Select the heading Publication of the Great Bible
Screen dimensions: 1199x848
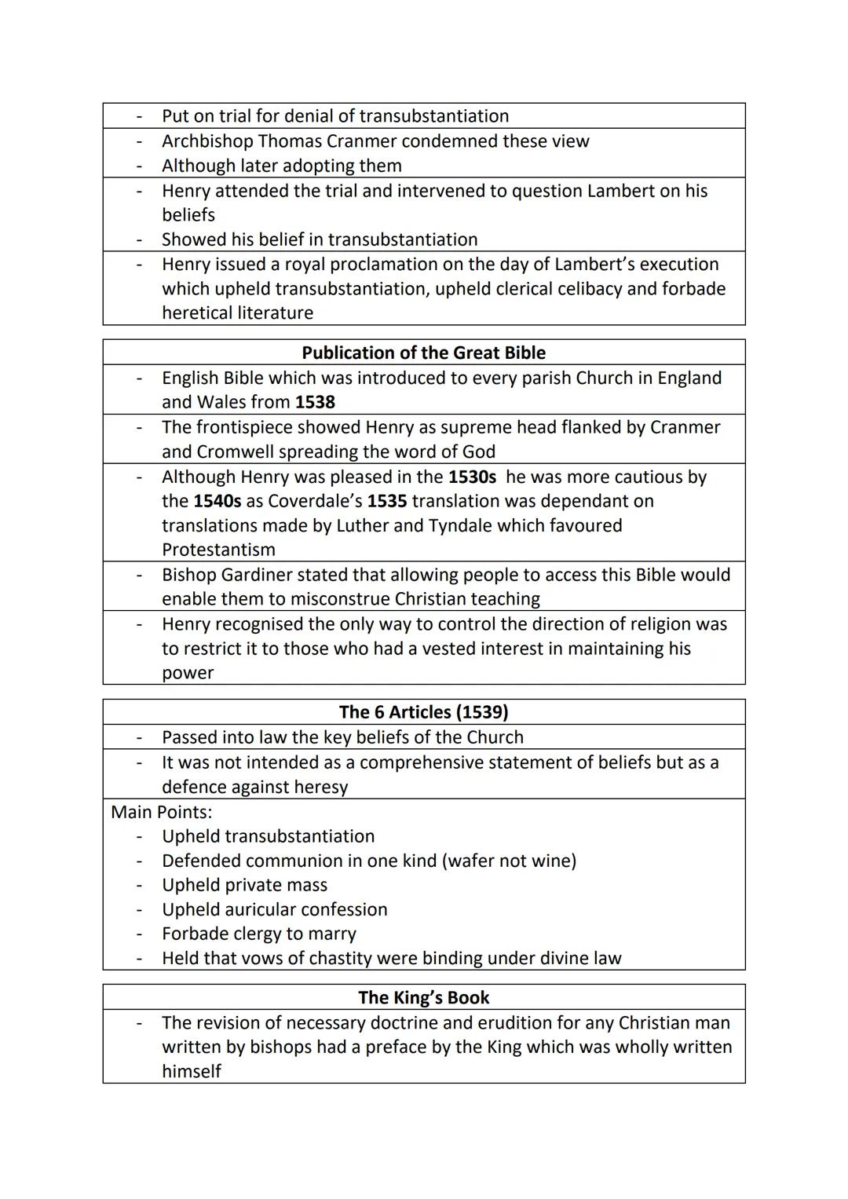coord(423,353)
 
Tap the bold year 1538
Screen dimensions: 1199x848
coord(315,402)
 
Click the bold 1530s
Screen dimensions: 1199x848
coord(472,477)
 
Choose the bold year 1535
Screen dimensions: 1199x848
coord(386,501)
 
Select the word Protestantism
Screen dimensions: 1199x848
coord(218,550)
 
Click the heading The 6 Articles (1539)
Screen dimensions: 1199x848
coord(423,712)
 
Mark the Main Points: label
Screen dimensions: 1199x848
coord(162,812)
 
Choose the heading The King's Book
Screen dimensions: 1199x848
coord(423,997)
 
